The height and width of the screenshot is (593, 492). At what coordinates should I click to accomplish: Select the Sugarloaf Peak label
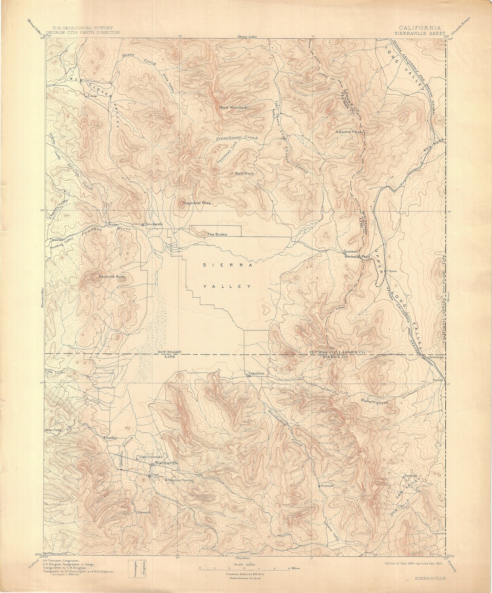[197, 203]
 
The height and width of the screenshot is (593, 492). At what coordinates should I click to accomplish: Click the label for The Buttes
[216, 234]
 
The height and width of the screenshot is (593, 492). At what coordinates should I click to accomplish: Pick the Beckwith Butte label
[112, 277]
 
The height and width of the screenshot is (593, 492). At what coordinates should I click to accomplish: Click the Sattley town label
[112, 438]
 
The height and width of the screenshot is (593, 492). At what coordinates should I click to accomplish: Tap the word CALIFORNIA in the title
[420, 28]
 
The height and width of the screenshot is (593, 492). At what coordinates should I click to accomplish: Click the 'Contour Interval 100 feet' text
[245, 574]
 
